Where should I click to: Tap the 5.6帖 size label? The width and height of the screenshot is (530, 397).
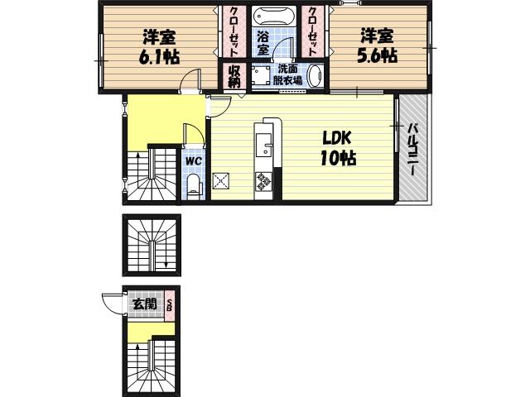pos(377,55)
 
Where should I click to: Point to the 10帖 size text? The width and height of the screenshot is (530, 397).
pos(338,159)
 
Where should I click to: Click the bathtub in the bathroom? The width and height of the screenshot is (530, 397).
pos(274,17)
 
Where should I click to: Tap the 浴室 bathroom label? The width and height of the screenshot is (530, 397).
pos(263,43)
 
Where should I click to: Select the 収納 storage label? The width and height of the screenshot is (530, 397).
pos(234,75)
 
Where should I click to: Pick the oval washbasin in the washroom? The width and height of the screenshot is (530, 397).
pos(316,76)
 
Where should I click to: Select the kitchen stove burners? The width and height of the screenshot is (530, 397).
pos(264,180)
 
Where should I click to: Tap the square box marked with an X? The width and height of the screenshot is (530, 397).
pos(221,181)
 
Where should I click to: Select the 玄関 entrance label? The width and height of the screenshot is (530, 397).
pos(144,304)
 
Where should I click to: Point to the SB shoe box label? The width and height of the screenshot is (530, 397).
pos(170,304)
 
